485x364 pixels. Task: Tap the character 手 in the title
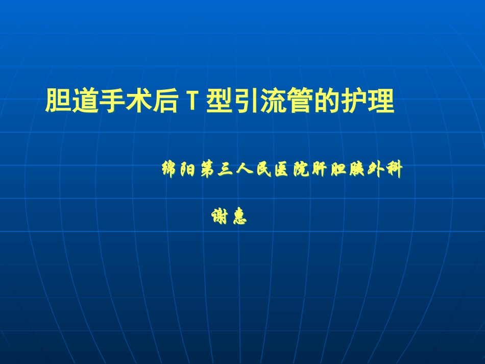click(x=110, y=101)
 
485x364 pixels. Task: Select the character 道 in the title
click(x=84, y=101)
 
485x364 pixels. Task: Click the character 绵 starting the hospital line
click(x=169, y=169)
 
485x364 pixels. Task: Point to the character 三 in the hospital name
click(x=225, y=169)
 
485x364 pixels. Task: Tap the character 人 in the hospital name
click(x=244, y=169)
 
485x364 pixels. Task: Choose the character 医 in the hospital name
click(x=281, y=169)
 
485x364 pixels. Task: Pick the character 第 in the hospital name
click(x=207, y=169)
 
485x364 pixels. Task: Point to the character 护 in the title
click(x=355, y=101)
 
